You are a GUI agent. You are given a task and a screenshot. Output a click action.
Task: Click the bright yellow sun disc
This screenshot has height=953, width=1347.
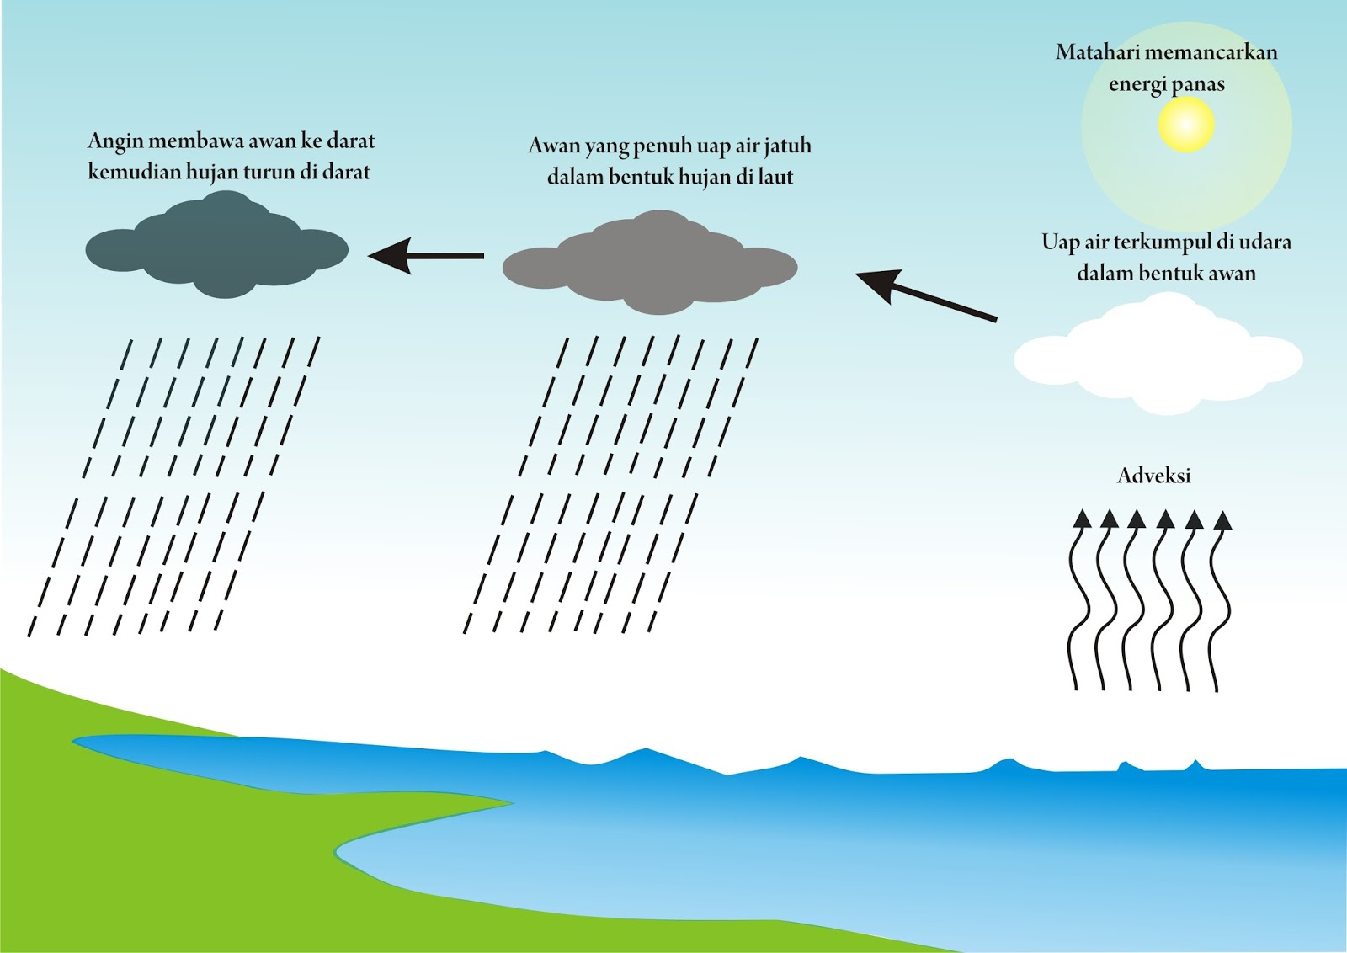(1186, 124)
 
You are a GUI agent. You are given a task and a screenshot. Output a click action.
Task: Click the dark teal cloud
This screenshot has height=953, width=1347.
(217, 248)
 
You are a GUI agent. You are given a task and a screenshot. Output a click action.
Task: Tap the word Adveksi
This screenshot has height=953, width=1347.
(1153, 476)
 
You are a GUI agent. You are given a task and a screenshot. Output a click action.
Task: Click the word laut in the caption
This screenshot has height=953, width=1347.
(775, 177)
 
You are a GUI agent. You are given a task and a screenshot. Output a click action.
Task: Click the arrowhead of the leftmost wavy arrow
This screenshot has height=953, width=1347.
(1082, 519)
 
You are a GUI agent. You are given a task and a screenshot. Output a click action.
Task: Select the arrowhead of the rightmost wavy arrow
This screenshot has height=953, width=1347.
(1222, 520)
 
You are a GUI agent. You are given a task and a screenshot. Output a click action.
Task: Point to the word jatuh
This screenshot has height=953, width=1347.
(788, 146)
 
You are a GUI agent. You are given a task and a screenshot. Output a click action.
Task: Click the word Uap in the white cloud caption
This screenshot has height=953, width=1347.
(1059, 242)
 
